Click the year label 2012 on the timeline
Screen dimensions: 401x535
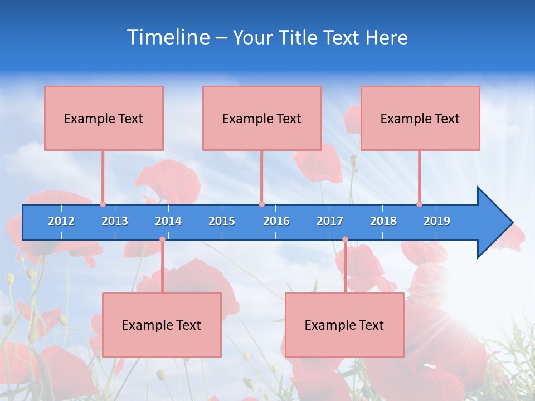pyautogui.click(x=61, y=221)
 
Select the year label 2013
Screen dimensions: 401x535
pyautogui.click(x=115, y=221)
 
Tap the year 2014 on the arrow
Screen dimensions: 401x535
pyautogui.click(x=168, y=221)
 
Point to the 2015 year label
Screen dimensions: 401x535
pyautogui.click(x=222, y=221)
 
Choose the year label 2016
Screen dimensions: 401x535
pyautogui.click(x=276, y=221)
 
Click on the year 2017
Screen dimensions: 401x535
pyautogui.click(x=330, y=221)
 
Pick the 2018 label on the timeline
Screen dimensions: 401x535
pyautogui.click(x=383, y=221)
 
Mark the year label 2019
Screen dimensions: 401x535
pyautogui.click(x=437, y=221)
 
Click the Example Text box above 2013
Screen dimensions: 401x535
pyautogui.click(x=104, y=118)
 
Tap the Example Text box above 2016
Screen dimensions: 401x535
pyautogui.click(x=262, y=118)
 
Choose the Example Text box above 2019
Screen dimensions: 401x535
pyautogui.click(x=420, y=118)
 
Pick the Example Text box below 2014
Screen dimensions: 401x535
pyautogui.click(x=162, y=325)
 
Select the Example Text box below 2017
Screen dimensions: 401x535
pyautogui.click(x=344, y=325)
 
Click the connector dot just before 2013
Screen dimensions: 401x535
pyautogui.click(x=103, y=204)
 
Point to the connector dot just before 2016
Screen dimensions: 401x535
pyautogui.click(x=261, y=204)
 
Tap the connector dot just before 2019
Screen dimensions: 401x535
pyautogui.click(x=419, y=204)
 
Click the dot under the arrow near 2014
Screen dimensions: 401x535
pyautogui.click(x=162, y=239)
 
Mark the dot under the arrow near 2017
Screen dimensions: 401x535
pyautogui.click(x=345, y=239)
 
